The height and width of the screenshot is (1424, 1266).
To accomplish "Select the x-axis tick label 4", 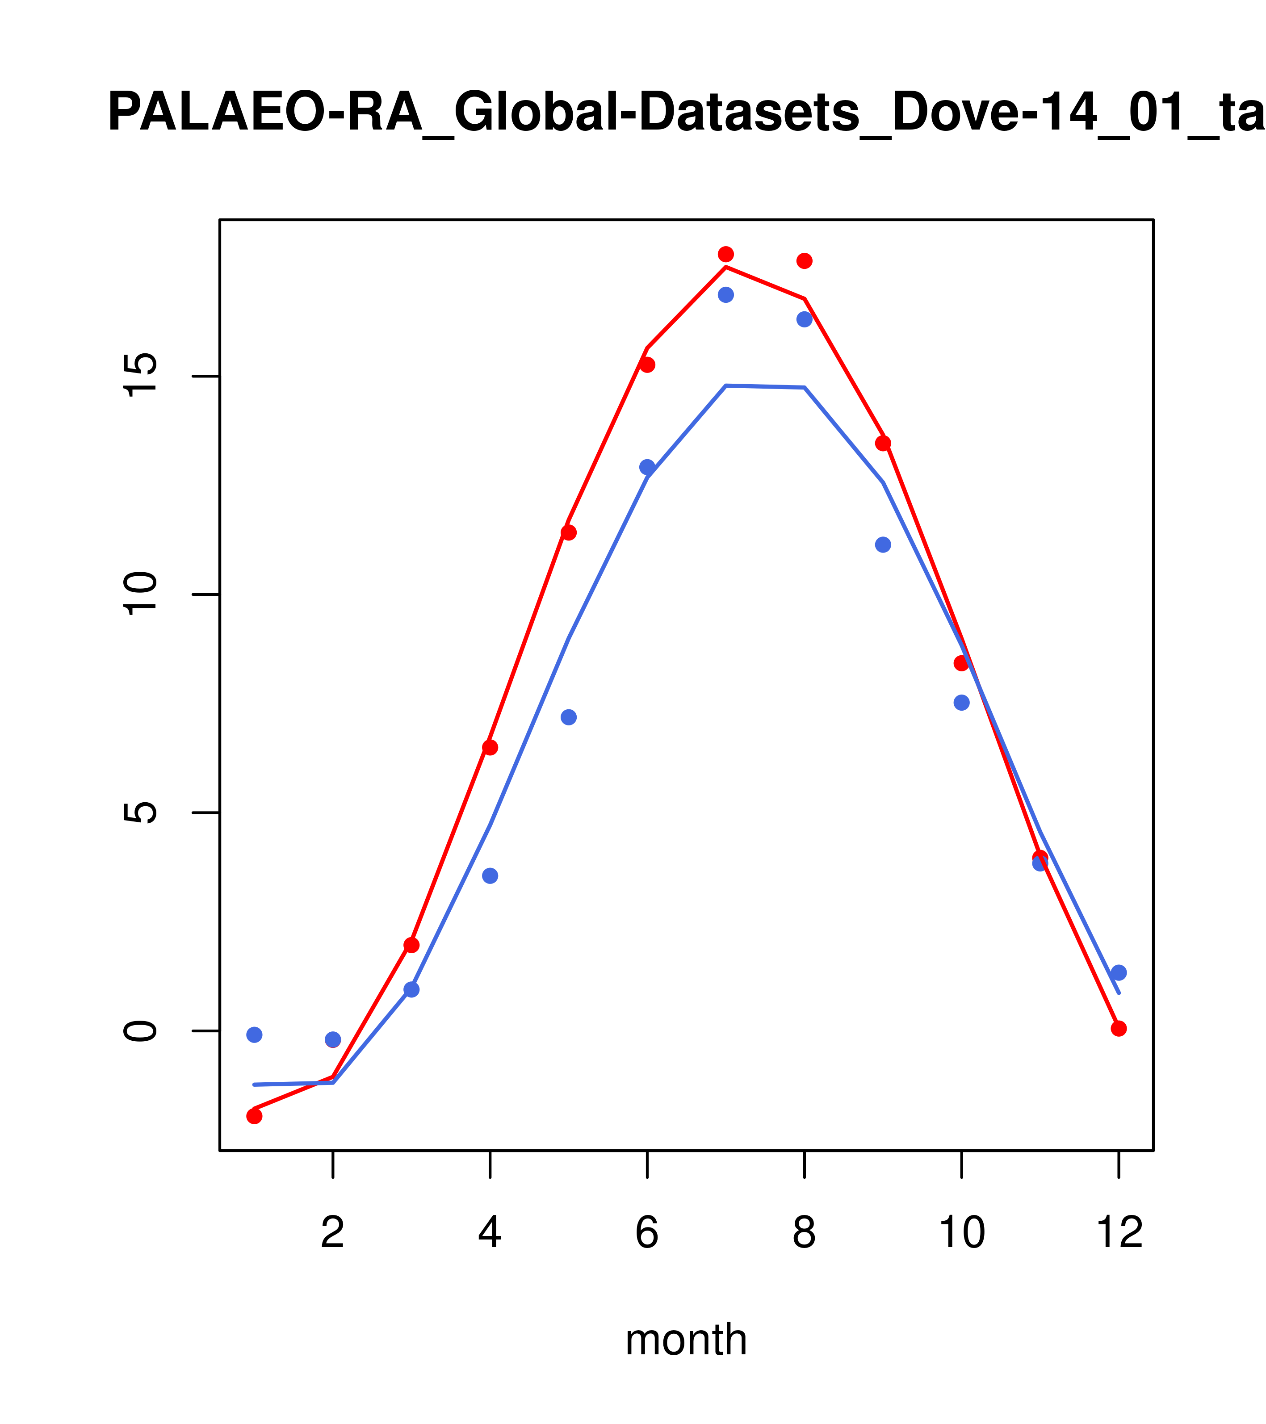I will [x=490, y=1233].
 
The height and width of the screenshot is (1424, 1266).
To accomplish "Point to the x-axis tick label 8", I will [x=804, y=1233].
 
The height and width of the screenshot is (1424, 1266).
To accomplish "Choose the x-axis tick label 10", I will [x=961, y=1233].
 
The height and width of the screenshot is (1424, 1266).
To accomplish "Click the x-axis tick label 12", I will [x=1119, y=1233].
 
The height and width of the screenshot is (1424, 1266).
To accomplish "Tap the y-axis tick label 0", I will [x=142, y=1030].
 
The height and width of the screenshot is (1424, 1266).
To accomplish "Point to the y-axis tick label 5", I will [x=142, y=813].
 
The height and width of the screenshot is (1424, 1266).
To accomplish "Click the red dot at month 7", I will [x=725, y=254].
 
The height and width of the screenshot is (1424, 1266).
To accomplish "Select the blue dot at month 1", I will [x=254, y=1034].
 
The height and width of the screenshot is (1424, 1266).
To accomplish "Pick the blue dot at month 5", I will [x=569, y=717].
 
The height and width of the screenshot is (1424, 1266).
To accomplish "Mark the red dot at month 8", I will [x=804, y=260].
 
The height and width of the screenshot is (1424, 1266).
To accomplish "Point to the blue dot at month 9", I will [x=883, y=544].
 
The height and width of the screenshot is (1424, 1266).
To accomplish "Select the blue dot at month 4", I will [x=490, y=876].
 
